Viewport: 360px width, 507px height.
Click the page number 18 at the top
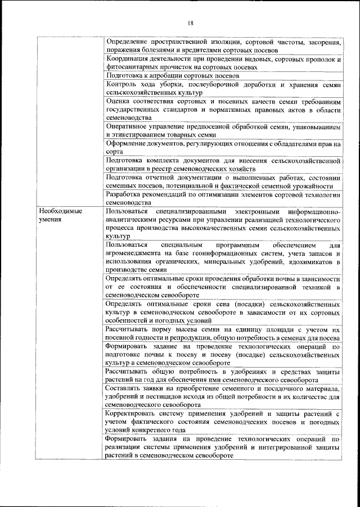[191, 22]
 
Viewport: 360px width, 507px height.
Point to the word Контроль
[120, 84]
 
